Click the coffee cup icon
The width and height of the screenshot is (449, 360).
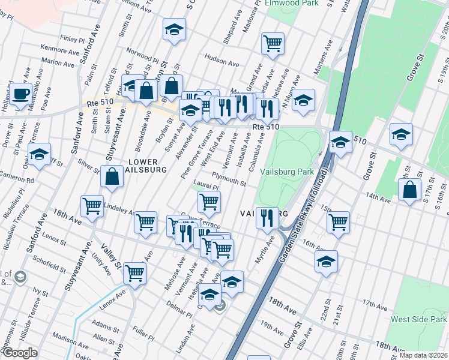[21, 94]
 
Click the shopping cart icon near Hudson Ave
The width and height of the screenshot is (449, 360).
[273, 43]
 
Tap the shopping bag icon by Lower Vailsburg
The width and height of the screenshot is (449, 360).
[112, 177]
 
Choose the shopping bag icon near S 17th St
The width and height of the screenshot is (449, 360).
[410, 190]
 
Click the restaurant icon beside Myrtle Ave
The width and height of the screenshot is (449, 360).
[267, 217]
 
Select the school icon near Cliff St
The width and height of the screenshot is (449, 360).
[39, 155]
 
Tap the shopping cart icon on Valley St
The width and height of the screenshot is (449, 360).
[135, 273]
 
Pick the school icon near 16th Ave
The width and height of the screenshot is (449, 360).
[326, 262]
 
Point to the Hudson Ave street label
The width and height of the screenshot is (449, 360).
[222, 59]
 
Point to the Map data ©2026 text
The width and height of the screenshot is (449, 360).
[423, 355]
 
